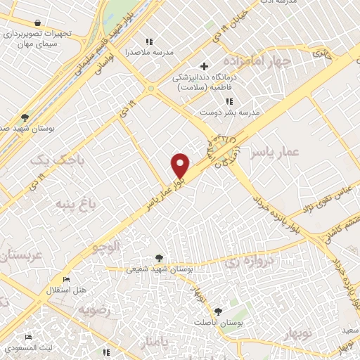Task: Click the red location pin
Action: tap(181, 165)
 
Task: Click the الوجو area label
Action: tap(107, 246)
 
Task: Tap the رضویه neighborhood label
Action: tap(95, 309)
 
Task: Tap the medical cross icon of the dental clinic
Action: tap(204, 66)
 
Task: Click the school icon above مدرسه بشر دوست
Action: tap(229, 101)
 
